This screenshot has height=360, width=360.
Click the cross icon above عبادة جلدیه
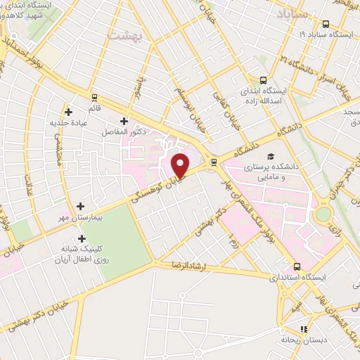point(68,111)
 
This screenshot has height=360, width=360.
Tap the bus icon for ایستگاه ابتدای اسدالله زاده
point(263,80)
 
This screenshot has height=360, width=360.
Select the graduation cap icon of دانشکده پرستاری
point(271,156)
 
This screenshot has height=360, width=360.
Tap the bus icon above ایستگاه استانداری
point(297,266)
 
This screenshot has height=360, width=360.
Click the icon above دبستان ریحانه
point(304,328)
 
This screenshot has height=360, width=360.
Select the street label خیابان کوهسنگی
point(160,188)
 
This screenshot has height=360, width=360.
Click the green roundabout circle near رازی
point(323,214)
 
